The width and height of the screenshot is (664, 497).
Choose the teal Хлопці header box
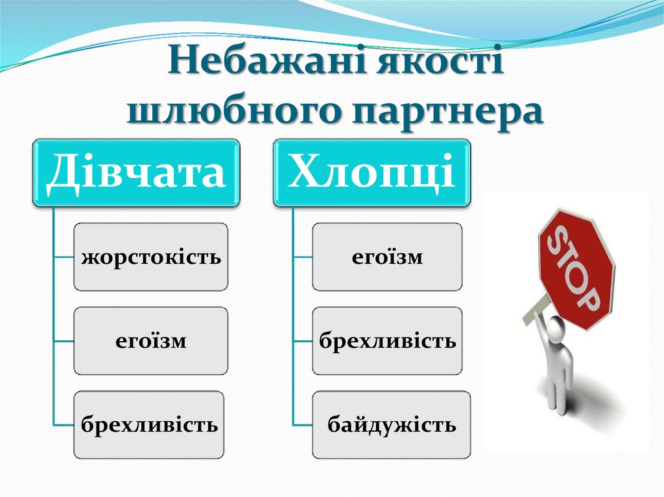pos(372,173)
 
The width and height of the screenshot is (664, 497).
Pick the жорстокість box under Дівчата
pos(151,257)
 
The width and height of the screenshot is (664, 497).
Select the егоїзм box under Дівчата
pos(151,341)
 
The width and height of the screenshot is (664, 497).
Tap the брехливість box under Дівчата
pos(149,425)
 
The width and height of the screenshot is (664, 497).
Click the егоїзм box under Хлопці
pos(387,257)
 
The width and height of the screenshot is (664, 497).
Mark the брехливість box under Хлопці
pos(387,341)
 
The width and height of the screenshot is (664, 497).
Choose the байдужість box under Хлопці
pos(391,425)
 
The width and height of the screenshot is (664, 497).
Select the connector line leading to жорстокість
pos(64,257)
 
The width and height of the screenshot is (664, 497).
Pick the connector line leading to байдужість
pos(302,425)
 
